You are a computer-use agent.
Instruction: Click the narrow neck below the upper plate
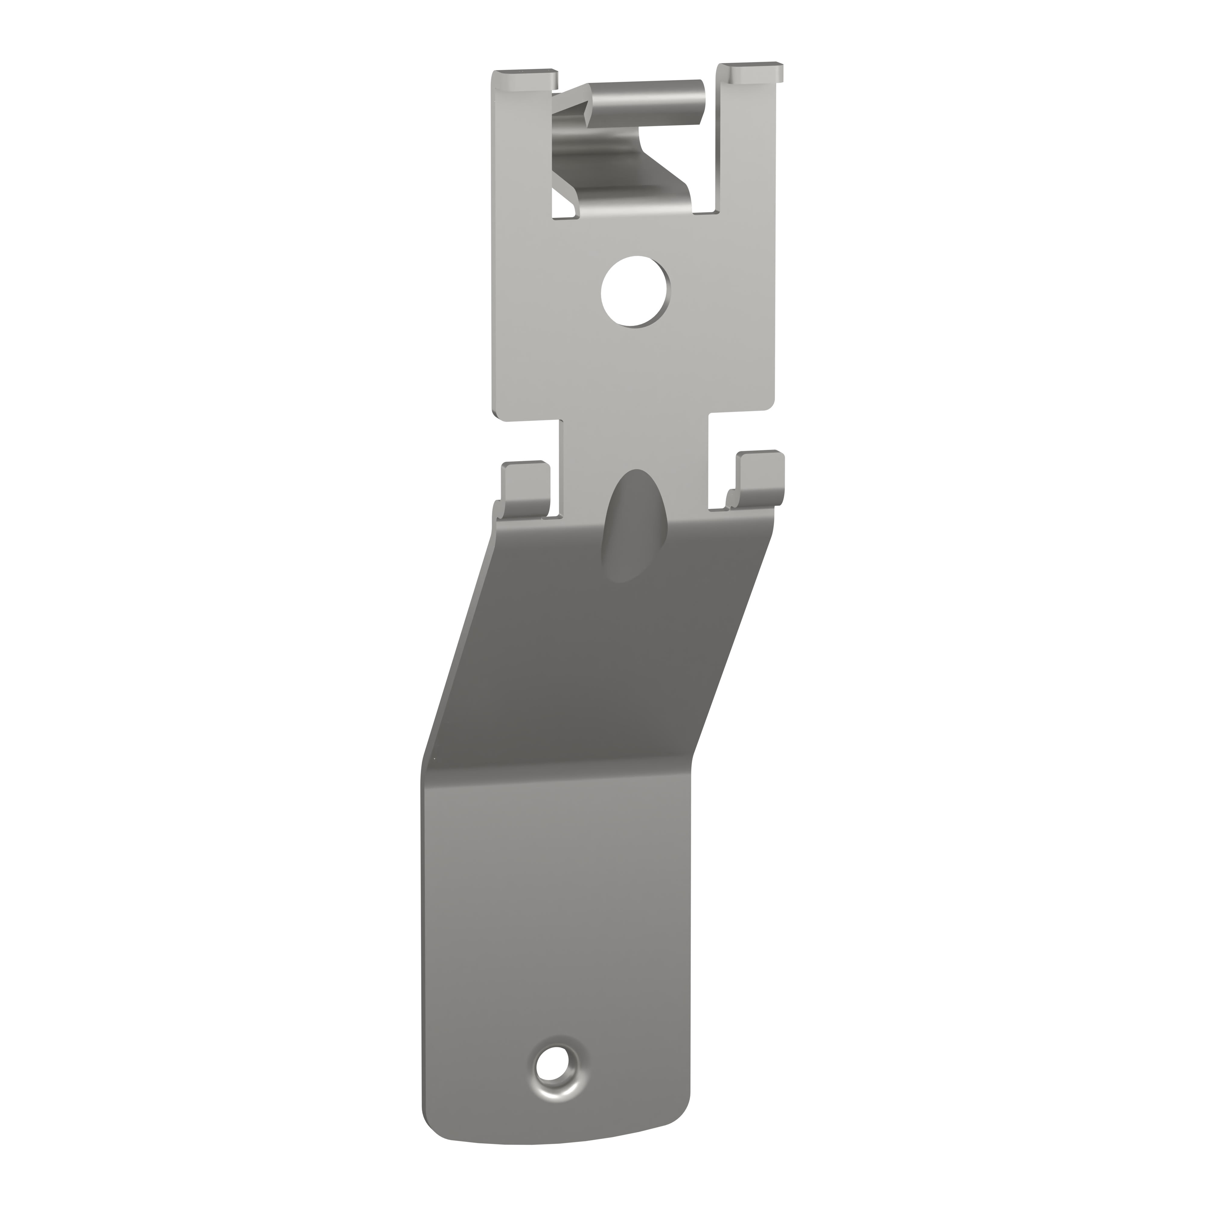634,450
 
